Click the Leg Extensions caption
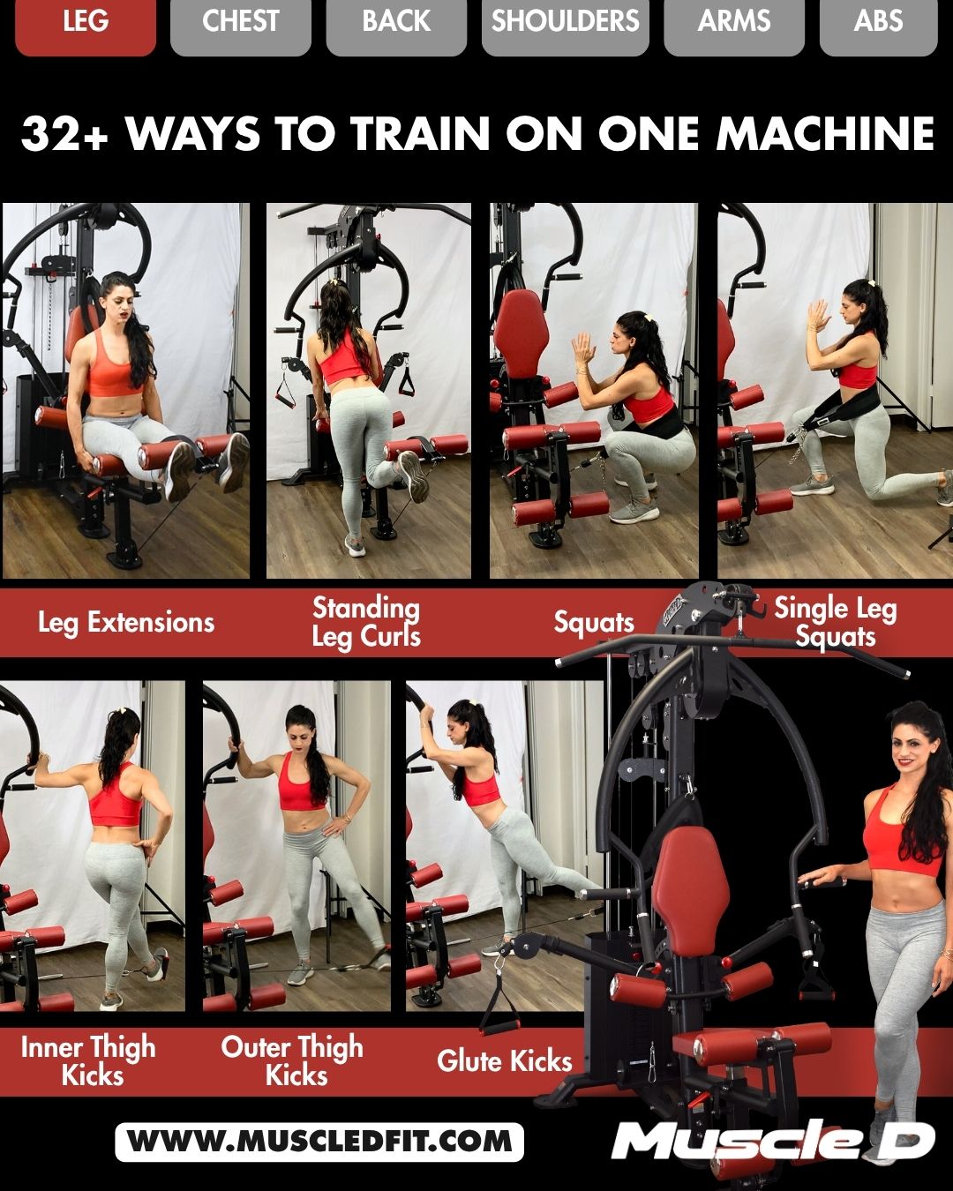pos(126,623)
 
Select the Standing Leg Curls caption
pos(366,623)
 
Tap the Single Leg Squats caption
pos(835,623)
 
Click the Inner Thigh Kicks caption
pos(89,1061)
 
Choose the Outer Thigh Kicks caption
pos(293,1061)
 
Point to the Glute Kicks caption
pos(505,1061)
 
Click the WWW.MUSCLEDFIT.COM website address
pos(319,1142)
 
